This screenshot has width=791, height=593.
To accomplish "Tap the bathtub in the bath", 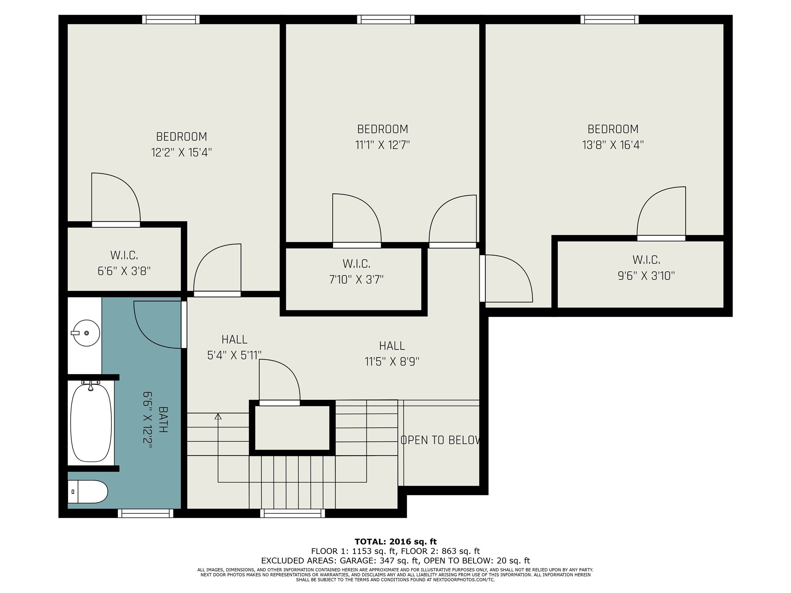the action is [91, 422].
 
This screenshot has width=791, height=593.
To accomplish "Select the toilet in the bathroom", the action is [88, 491].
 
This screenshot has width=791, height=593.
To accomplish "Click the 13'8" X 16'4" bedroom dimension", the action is [613, 145].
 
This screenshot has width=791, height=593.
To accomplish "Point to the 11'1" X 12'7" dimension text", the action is [382, 145].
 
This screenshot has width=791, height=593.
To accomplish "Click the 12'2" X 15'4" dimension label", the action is [182, 152].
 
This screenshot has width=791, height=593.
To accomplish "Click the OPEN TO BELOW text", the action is [440, 440].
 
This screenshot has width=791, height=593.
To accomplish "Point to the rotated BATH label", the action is [163, 419].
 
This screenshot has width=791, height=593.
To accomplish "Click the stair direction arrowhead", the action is [218, 416].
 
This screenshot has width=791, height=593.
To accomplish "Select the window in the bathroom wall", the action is [146, 513].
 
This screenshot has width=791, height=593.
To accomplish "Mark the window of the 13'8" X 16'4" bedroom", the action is [609, 19].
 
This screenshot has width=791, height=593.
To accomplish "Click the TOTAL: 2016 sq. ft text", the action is [395, 542].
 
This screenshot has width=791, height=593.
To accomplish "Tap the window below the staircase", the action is [292, 513].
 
